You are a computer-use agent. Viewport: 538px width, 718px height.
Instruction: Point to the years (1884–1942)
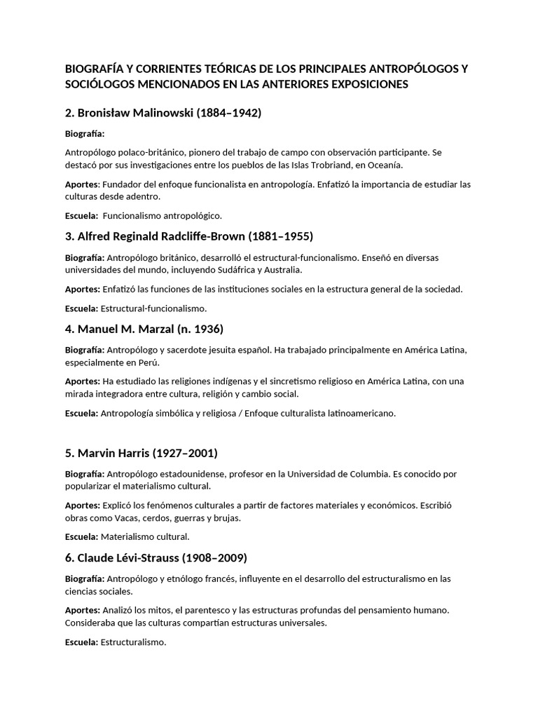click(229, 112)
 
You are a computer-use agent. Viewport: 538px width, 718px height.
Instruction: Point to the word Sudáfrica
click(237, 270)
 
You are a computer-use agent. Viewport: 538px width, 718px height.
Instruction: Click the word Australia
click(282, 270)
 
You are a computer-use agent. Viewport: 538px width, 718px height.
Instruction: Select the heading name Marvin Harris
click(115, 452)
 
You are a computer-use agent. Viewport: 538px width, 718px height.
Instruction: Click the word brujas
click(226, 518)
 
